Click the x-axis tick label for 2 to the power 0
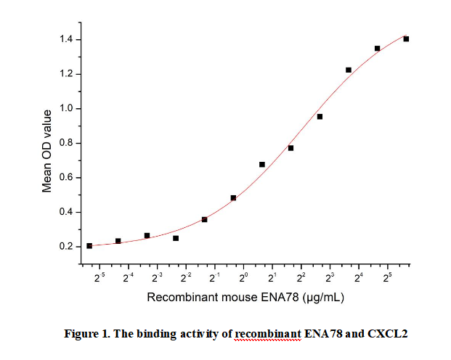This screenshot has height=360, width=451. click(x=244, y=277)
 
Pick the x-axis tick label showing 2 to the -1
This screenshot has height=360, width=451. click(x=214, y=277)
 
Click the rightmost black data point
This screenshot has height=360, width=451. click(x=406, y=39)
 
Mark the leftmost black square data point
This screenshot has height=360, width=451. click(x=89, y=246)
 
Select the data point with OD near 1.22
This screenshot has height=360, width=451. click(x=349, y=70)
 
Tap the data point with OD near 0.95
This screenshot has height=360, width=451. click(x=320, y=116)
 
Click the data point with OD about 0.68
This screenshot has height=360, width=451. click(x=262, y=165)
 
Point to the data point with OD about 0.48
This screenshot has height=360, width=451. click(x=233, y=197)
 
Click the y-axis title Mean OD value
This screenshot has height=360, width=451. click(x=47, y=150)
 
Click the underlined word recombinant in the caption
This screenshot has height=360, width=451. click(x=267, y=334)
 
